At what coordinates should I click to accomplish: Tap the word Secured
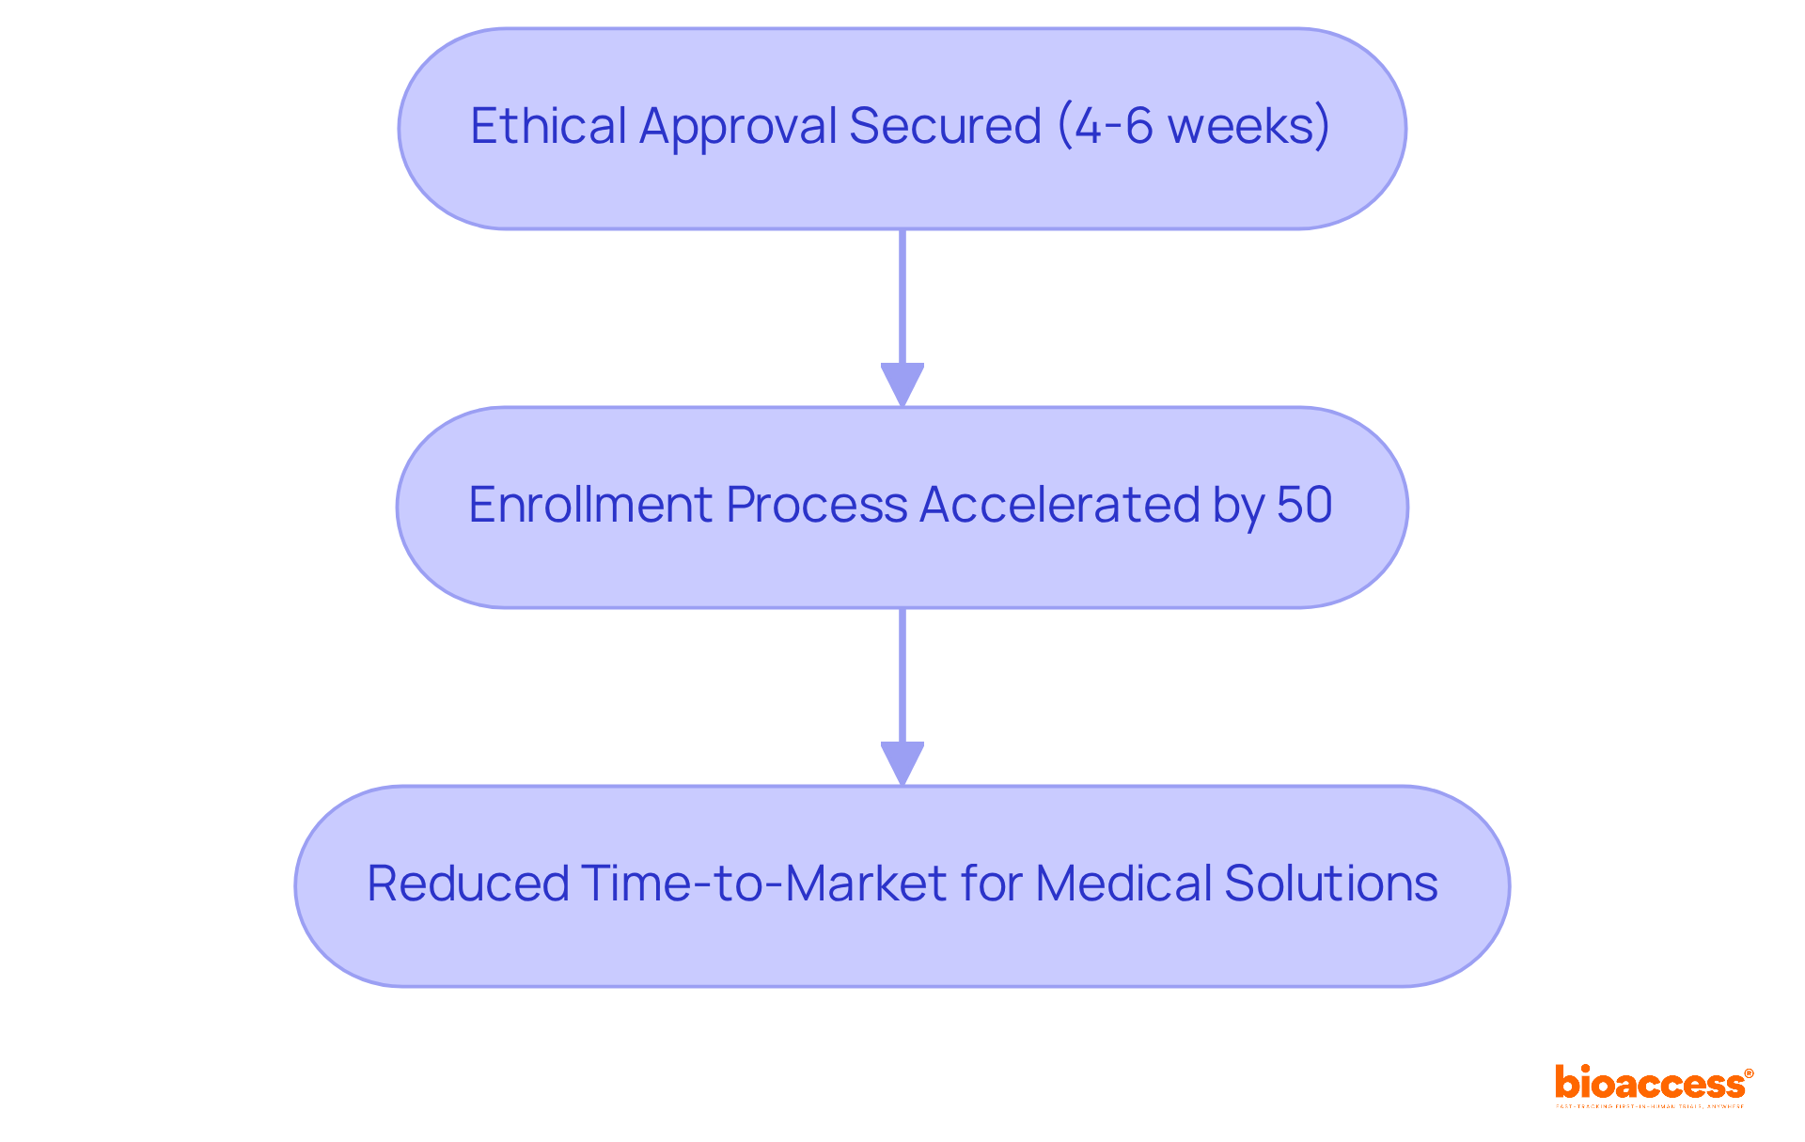coord(945,126)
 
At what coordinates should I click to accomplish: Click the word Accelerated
coord(1059,505)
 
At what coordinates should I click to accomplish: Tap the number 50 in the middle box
coord(1304,505)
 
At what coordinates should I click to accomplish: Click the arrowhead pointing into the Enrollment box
coord(902,384)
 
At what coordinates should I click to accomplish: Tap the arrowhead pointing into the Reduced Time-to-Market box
coord(902,763)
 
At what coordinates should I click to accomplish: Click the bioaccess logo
coord(1649,1084)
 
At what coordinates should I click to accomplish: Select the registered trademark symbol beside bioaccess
coord(1749,1073)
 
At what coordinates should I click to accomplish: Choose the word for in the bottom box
coord(995,884)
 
